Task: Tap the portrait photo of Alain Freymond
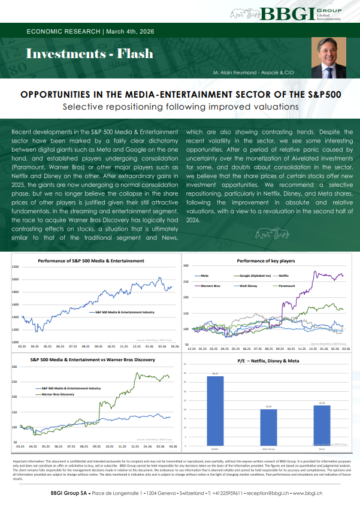[x=329, y=61]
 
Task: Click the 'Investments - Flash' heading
[x=90, y=54]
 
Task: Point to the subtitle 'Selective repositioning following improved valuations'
[x=180, y=107]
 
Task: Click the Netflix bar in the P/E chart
[x=215, y=409]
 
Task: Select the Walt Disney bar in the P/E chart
[x=268, y=427]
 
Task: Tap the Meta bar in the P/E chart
[x=322, y=424]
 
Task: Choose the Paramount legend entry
[x=283, y=286]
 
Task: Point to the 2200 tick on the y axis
[x=15, y=267]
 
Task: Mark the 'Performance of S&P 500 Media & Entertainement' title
[x=91, y=261]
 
